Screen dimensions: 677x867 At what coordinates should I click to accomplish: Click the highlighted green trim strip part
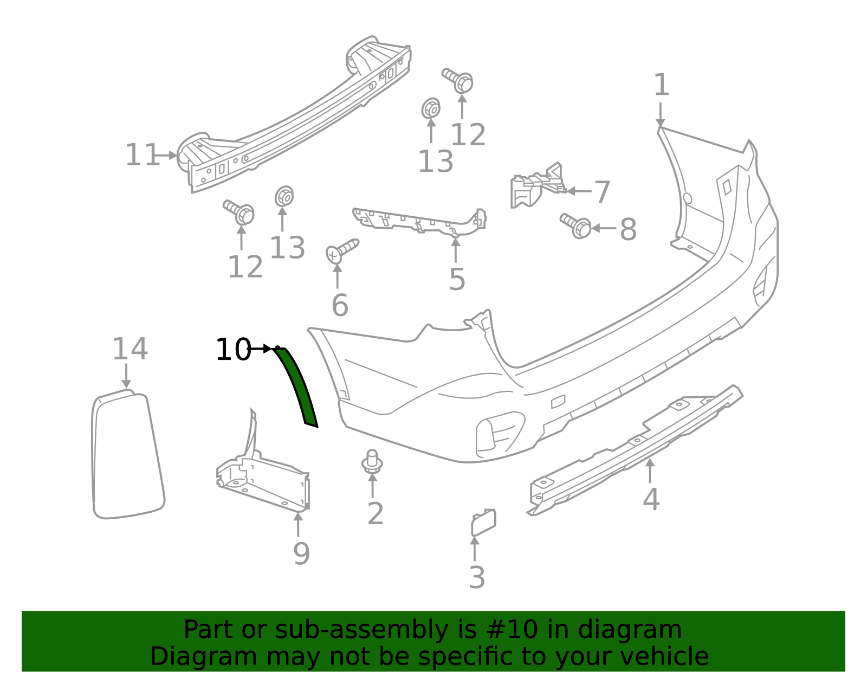coord(296,386)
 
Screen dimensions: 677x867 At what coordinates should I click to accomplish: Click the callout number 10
coord(233,350)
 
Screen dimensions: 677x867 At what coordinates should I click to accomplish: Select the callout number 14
coord(130,349)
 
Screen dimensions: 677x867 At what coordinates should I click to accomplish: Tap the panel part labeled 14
coord(127,455)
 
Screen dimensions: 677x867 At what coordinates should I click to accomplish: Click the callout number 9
coord(301,553)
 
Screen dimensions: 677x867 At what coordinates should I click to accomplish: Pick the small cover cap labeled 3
coord(483,522)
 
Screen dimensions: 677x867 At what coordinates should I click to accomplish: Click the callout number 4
coord(651,499)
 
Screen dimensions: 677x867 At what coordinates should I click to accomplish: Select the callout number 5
coord(457,279)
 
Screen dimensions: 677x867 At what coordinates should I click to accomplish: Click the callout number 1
coord(661,85)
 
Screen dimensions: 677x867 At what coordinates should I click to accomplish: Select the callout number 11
coord(142,156)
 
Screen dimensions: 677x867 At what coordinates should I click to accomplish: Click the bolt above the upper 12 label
coord(458,80)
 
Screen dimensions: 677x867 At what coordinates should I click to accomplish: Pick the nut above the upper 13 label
coord(431,109)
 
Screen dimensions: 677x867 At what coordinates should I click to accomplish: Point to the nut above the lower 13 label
coord(284,196)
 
